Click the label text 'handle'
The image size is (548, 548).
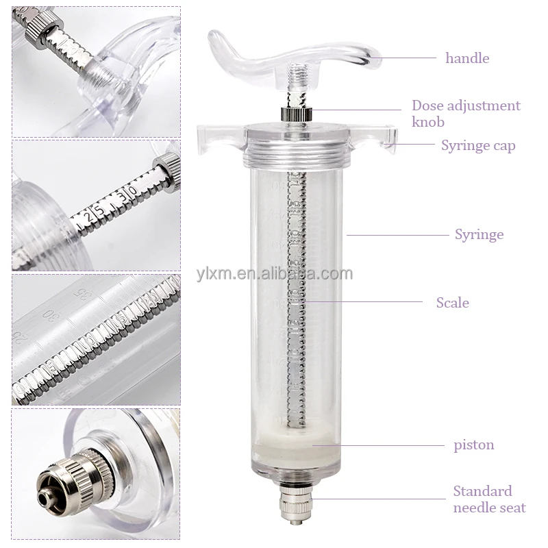click(467, 58)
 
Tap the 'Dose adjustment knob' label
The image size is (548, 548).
click(466, 114)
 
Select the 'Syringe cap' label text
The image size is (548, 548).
click(478, 145)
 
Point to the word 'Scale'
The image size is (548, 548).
click(452, 302)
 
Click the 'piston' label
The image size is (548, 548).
click(473, 445)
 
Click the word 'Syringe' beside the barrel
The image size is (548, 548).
click(479, 234)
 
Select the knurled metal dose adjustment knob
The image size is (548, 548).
click(295, 114)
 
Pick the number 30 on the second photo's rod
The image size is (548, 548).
click(126, 192)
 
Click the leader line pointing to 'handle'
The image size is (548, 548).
click(404, 58)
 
